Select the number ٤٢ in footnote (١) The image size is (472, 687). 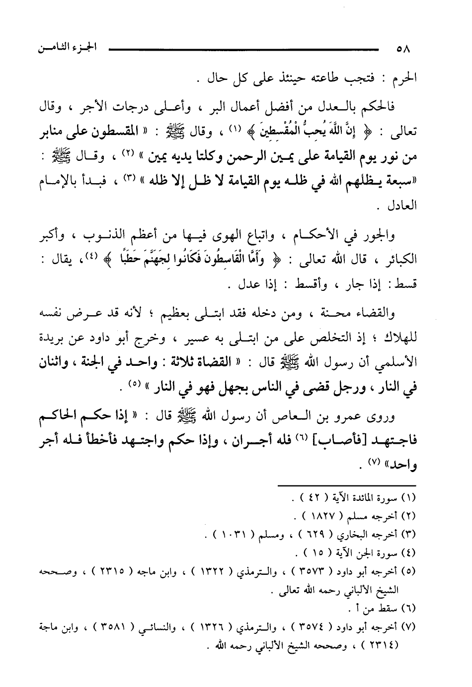point(312,497)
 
